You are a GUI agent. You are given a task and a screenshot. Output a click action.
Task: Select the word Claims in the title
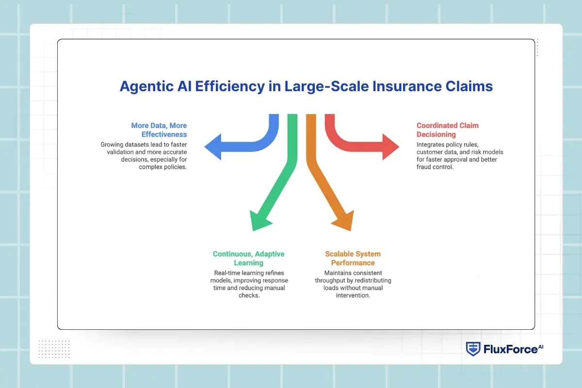click(469, 86)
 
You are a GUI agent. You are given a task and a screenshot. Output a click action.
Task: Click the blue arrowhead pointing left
click(214, 145)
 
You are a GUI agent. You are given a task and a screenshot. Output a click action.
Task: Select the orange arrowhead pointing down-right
click(342, 221)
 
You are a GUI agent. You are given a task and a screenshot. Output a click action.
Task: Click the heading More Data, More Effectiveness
click(159, 130)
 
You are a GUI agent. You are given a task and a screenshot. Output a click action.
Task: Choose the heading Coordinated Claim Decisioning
click(447, 130)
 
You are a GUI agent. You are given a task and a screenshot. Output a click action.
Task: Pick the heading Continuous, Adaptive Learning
click(249, 259)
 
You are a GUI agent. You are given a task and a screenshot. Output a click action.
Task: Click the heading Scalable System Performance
click(353, 259)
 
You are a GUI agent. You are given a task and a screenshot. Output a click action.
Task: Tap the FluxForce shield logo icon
click(473, 349)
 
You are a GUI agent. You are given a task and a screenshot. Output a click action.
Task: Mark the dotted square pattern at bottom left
click(54, 349)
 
